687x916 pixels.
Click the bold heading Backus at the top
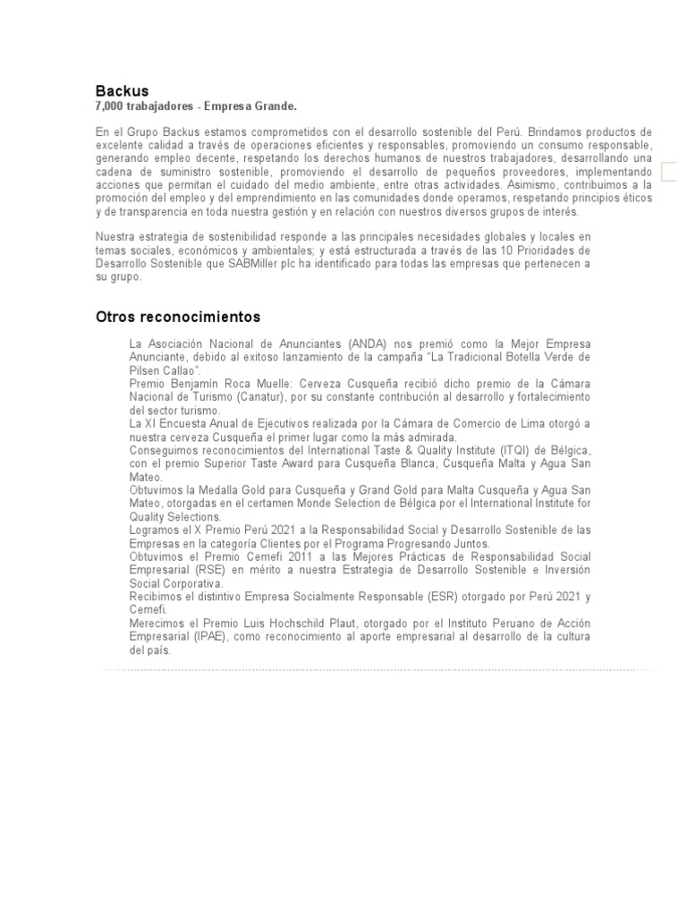click(x=122, y=90)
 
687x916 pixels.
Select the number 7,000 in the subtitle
click(x=110, y=106)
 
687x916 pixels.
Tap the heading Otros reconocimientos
click(x=177, y=317)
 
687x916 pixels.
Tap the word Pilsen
click(x=147, y=370)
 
